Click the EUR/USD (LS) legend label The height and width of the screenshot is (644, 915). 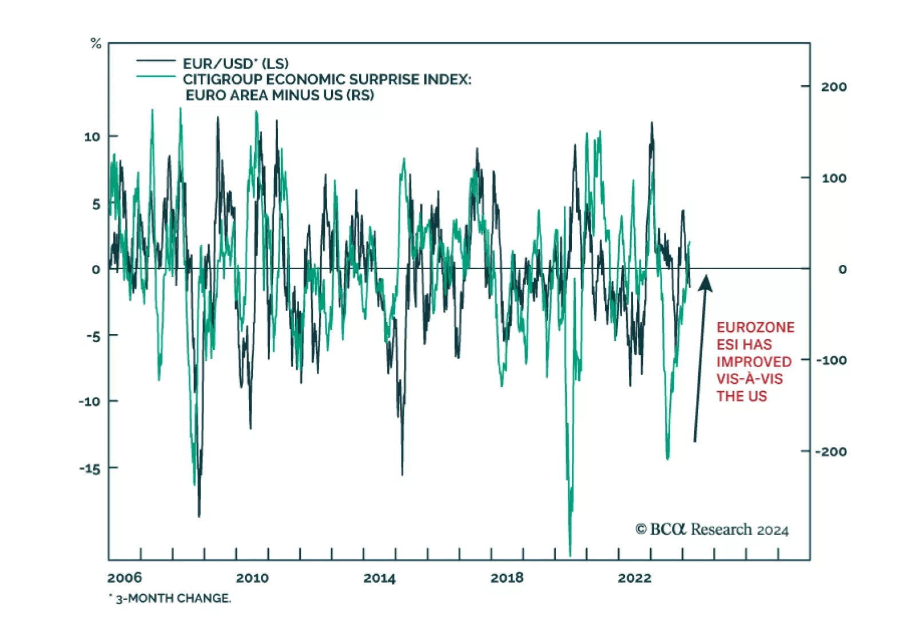[235, 63]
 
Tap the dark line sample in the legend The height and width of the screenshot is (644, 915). [156, 61]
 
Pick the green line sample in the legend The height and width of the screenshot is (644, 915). [156, 77]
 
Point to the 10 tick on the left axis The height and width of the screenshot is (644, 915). [92, 137]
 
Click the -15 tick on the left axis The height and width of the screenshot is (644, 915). [90, 468]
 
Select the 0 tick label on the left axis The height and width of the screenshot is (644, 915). [96, 269]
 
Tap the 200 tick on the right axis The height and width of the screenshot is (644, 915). [833, 87]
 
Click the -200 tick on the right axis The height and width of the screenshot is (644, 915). [830, 452]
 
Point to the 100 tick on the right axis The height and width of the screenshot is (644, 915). [833, 178]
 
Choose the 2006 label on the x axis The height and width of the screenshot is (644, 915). [124, 578]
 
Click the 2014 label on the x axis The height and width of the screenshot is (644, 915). [379, 578]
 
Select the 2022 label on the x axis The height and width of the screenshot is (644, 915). [634, 578]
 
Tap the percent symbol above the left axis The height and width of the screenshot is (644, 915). [96, 43]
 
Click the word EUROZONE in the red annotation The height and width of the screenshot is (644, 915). [755, 327]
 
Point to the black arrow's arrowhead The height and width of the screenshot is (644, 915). [706, 282]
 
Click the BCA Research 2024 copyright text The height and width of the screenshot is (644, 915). [711, 530]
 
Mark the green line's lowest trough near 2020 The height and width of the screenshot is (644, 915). [570, 554]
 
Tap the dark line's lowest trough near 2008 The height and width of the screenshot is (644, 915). [199, 516]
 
